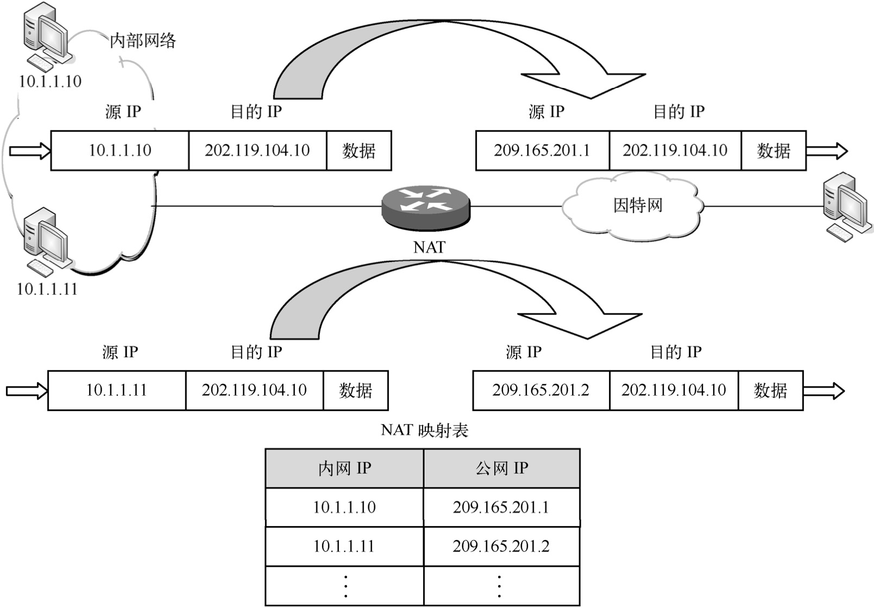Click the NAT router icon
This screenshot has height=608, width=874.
[x=425, y=207]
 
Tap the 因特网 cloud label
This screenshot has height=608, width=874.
[x=638, y=206]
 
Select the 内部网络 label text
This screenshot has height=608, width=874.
[x=143, y=41]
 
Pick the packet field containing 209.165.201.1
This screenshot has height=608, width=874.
[x=542, y=150]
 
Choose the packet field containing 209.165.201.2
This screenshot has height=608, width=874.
[x=541, y=390]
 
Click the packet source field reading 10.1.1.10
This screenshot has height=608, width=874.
[x=120, y=150]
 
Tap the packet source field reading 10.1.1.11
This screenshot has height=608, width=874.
[x=117, y=390]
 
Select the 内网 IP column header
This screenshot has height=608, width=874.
[x=344, y=468]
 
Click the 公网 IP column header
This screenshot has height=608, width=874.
[x=501, y=468]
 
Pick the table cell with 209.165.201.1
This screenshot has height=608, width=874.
[x=501, y=508]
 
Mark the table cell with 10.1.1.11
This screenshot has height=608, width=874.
[x=344, y=546]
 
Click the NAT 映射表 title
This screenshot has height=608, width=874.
[x=424, y=430]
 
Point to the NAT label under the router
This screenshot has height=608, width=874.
[x=429, y=248]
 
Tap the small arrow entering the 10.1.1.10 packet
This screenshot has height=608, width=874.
[x=30, y=150]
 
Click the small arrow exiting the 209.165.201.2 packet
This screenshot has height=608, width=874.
[x=823, y=391]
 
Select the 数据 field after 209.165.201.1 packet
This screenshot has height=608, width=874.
[x=774, y=150]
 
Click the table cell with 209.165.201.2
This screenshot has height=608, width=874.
[x=501, y=546]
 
